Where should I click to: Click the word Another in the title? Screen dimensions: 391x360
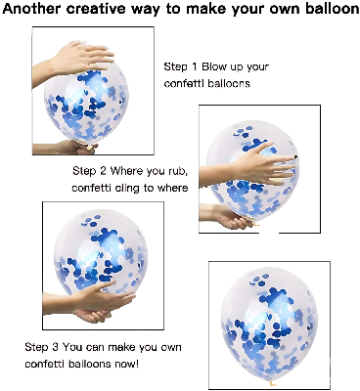(36, 10)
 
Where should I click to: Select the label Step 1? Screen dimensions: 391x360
(179, 66)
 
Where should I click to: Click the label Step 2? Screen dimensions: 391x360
(89, 171)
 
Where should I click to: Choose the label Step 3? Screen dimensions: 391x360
(41, 347)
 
